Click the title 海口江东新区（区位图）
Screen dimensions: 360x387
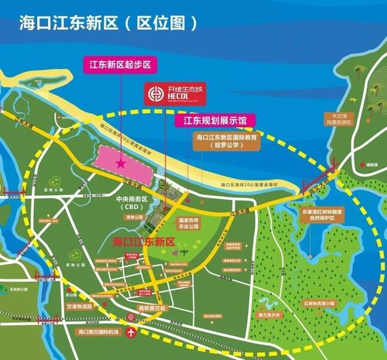click(x=108, y=22)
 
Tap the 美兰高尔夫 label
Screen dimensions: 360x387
click(x=267, y=316)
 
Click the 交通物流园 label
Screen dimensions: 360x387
click(x=80, y=305)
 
